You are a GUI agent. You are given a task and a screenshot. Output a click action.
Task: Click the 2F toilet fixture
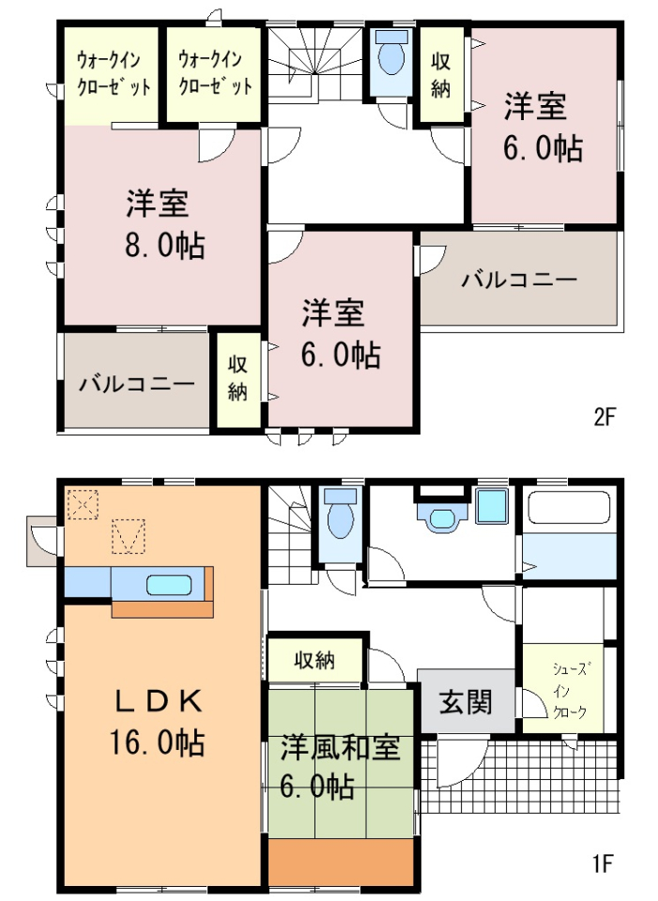point(390,53)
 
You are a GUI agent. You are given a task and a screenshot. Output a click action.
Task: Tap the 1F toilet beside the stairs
point(341,513)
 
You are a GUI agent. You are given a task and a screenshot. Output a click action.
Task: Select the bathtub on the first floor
point(569,507)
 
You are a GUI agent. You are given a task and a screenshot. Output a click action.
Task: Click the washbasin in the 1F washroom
point(442,516)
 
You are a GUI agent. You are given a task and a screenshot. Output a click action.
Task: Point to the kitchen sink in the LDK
point(168,585)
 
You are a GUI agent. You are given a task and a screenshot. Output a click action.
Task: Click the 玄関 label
point(466,702)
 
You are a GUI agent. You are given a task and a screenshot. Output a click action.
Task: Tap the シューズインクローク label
point(569,691)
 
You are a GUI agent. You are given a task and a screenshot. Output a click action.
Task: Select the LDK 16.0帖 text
point(157,722)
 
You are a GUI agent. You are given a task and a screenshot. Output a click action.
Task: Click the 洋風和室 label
point(340,748)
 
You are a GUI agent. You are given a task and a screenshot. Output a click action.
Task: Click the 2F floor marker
point(604,416)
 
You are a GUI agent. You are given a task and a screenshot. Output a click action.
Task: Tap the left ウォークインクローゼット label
point(113,73)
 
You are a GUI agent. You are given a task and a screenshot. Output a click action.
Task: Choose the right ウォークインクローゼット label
point(215,72)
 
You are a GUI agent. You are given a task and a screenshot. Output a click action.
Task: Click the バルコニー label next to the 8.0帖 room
point(136,383)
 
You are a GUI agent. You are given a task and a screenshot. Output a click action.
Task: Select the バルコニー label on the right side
point(519,280)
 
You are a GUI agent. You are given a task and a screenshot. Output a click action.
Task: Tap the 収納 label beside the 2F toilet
point(441,75)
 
